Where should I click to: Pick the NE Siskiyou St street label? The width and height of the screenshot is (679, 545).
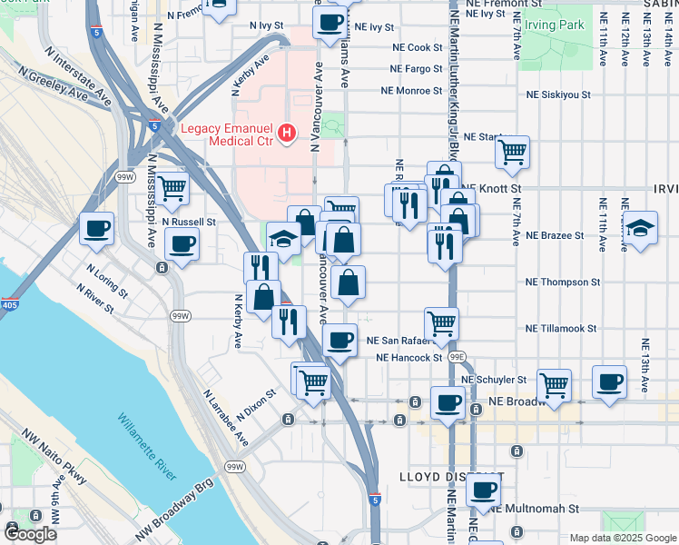tap(559, 94)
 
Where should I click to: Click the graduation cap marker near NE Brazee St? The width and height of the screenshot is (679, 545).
tap(641, 227)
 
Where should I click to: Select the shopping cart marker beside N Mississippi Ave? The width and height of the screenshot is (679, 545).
tap(172, 189)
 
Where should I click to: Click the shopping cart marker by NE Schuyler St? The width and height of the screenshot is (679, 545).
tap(554, 383)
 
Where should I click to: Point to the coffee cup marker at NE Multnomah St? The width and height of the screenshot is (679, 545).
tap(483, 490)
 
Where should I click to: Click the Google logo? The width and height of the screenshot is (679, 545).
tap(31, 535)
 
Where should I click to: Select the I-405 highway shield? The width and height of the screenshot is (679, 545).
tap(9, 303)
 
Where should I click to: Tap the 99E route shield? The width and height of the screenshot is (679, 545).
tap(461, 357)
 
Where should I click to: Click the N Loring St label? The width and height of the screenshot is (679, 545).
tap(105, 282)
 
